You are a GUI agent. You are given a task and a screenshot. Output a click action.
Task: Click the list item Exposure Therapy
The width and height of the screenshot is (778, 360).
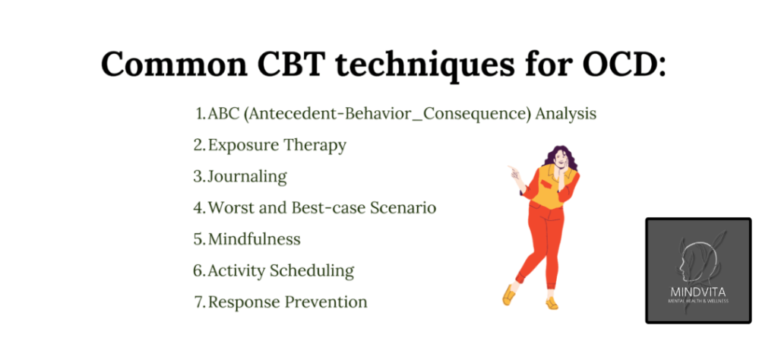click(277, 146)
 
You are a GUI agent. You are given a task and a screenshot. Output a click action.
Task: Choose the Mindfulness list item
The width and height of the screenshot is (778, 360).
click(254, 239)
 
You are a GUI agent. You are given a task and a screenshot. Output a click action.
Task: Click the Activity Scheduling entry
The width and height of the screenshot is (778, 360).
click(281, 271)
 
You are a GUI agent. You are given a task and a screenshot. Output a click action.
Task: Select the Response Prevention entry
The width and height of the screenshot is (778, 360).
click(287, 302)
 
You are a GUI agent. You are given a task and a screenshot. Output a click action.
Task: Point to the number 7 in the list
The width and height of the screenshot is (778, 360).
click(199, 302)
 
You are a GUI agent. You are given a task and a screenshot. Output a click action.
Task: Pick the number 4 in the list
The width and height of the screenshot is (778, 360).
click(198, 208)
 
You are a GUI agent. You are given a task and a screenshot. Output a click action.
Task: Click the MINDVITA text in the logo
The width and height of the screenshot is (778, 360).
click(698, 292)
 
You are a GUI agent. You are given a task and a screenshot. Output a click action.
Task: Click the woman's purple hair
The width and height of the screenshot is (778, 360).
click(561, 158)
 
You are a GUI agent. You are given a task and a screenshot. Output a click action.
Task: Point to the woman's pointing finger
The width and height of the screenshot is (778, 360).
click(511, 169)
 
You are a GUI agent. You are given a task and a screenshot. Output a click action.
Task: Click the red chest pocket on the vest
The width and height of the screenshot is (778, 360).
click(547, 184)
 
